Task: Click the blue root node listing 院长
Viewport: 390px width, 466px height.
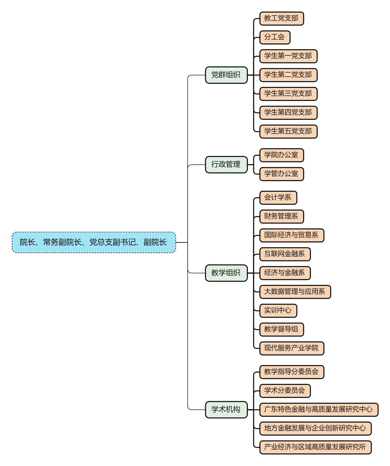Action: pos(94,242)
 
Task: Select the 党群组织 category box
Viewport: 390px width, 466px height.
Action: pos(226,75)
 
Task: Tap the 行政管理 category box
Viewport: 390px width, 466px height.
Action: pos(226,164)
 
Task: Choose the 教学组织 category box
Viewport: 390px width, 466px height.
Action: pos(226,273)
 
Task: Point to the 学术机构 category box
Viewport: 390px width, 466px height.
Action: pos(226,410)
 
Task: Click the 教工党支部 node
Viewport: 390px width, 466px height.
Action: pos(281,18)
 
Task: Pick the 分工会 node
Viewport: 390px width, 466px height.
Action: pos(275,37)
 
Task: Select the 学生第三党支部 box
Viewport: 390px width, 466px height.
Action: pos(288,94)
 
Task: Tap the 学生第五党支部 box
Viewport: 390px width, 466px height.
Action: pos(288,131)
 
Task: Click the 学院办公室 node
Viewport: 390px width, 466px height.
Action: pos(281,155)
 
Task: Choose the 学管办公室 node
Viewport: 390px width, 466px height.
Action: pos(281,174)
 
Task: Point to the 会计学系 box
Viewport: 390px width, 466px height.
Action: pos(278,198)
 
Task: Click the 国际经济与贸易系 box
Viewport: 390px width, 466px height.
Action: pos(291,235)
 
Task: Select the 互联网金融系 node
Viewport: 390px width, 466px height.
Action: pos(285,254)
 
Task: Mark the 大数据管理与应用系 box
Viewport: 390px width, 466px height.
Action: pos(295,292)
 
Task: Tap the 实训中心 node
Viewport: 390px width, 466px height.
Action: pos(278,310)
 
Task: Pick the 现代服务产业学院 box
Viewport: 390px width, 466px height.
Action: pos(291,348)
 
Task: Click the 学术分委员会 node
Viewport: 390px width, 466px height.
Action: pos(285,390)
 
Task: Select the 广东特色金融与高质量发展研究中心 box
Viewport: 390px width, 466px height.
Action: pos(318,410)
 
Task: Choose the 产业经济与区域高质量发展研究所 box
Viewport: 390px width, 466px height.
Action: pos(315,447)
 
